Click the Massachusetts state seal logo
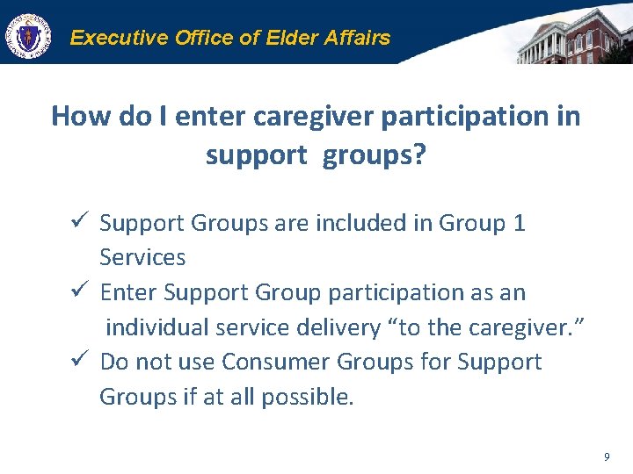tap(27, 36)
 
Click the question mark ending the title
tap(418, 155)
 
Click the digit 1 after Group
tap(519, 223)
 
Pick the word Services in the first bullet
tap(142, 258)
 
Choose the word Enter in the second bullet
tap(129, 292)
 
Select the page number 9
tap(607, 456)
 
